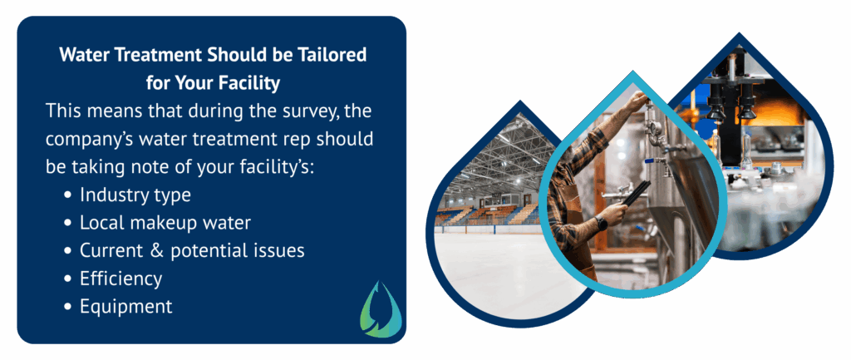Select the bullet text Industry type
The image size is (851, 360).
click(x=135, y=195)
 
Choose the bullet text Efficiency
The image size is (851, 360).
click(x=121, y=278)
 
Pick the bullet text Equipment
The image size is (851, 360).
click(x=125, y=306)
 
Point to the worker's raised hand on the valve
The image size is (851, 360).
click(x=636, y=101)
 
